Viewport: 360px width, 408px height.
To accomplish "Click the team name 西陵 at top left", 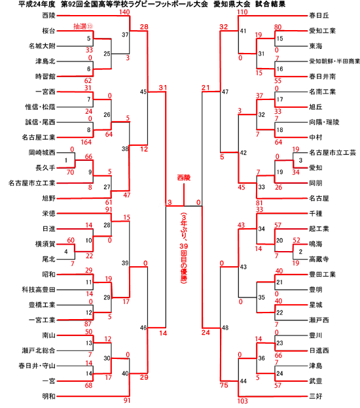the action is pyautogui.click(x=48, y=16).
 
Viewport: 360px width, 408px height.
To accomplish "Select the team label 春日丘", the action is pyautogui.click(x=319, y=16).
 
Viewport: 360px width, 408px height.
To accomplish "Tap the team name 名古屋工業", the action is pyautogui.click(x=39, y=137).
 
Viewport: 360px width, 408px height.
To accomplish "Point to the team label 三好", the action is pyautogui.click(x=315, y=396).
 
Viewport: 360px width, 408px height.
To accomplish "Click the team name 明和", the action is pyautogui.click(x=48, y=396).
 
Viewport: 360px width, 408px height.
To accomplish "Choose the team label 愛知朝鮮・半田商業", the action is pyautogui.click(x=334, y=61).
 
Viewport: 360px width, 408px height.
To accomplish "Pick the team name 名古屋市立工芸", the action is pyautogui.click(x=333, y=153).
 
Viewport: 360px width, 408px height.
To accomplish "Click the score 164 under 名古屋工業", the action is pyautogui.click(x=86, y=142).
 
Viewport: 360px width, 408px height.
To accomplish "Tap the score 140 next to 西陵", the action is pyautogui.click(x=124, y=12).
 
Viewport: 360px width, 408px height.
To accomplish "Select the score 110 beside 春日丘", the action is pyautogui.click(x=242, y=12).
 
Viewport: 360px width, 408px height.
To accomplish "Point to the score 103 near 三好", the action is pyautogui.click(x=243, y=401).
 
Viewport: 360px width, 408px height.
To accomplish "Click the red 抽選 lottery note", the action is pyautogui.click(x=83, y=26).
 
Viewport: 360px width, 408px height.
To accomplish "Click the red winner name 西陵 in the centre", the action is pyautogui.click(x=184, y=178).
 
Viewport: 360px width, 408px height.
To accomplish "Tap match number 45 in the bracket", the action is pyautogui.click(x=143, y=92).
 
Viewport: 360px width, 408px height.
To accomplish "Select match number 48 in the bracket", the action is pyautogui.click(x=225, y=328).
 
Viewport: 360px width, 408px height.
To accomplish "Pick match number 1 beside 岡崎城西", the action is pyautogui.click(x=66, y=160).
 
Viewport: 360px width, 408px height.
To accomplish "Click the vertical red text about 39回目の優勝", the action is pyautogui.click(x=184, y=248).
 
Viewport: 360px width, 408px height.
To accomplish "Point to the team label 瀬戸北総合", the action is pyautogui.click(x=39, y=350).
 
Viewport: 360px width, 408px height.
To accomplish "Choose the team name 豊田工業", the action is pyautogui.click(x=323, y=275).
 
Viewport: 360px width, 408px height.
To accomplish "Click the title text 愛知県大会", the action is pyautogui.click(x=232, y=4).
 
